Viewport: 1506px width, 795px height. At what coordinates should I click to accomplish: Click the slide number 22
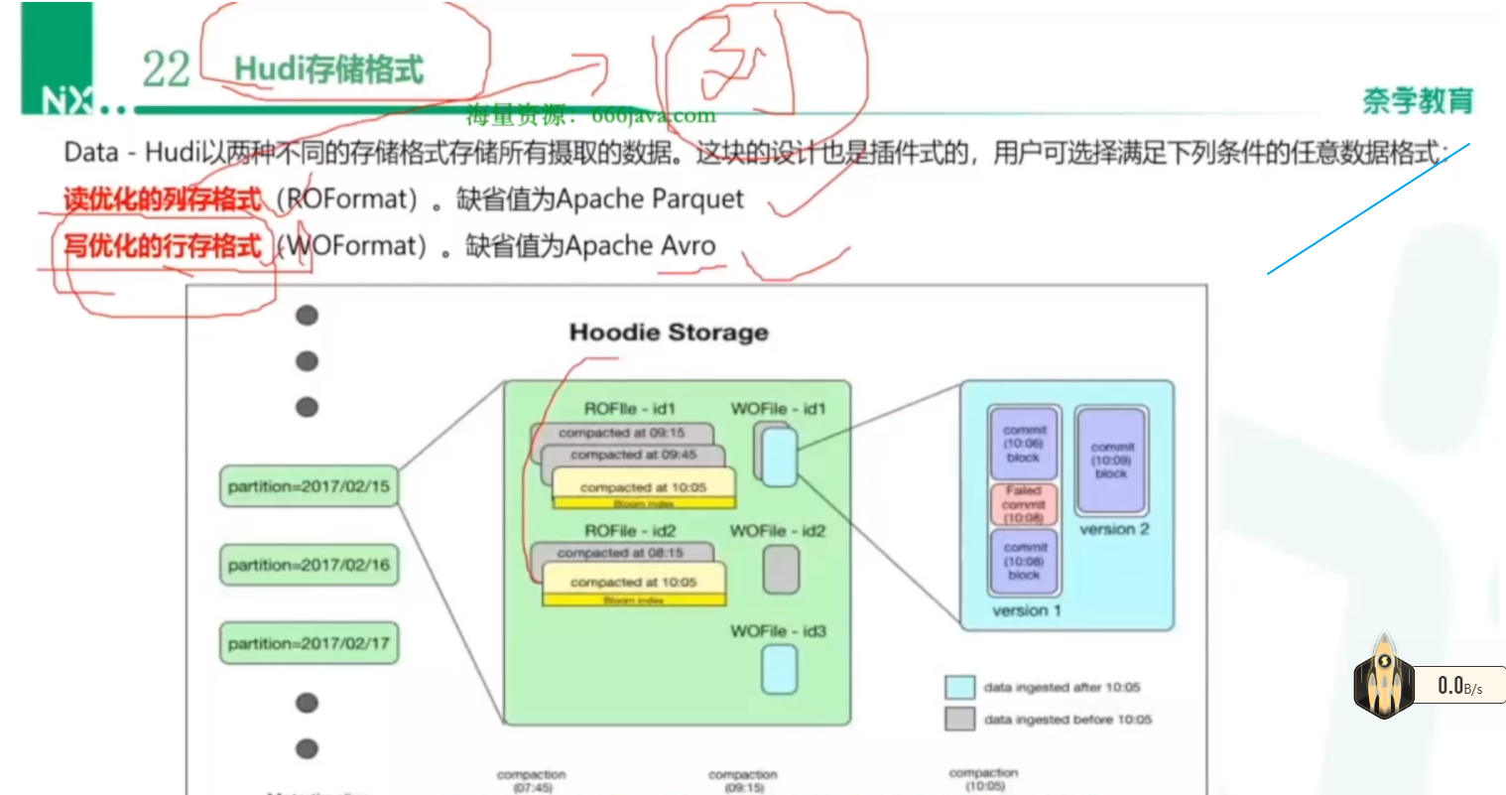[166, 69]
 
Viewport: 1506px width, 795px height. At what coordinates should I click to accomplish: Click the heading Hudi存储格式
[328, 69]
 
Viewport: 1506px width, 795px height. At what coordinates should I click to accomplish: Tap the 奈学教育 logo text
[1418, 100]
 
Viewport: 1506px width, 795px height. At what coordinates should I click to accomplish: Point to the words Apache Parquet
[650, 199]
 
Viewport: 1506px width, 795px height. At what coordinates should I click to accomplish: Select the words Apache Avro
[640, 245]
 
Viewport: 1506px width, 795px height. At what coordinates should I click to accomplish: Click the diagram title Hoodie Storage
[669, 332]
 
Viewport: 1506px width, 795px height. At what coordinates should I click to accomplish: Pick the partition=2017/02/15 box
[309, 486]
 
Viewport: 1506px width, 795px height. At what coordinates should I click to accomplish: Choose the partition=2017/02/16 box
[309, 565]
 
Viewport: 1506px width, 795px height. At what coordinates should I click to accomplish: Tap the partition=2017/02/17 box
[309, 643]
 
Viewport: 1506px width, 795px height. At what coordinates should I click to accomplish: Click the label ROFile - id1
[629, 409]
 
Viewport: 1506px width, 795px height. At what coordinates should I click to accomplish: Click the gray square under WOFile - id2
[781, 570]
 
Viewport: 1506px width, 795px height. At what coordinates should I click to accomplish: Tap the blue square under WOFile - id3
[779, 669]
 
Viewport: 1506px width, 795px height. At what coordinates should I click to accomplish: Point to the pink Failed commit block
[1023, 504]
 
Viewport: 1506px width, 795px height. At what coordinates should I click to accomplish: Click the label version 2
[1114, 529]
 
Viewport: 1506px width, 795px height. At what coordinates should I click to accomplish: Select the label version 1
[1026, 610]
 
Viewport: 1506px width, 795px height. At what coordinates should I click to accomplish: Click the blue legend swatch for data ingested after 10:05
[959, 687]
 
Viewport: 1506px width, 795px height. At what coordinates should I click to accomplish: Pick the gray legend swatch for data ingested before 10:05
[959, 719]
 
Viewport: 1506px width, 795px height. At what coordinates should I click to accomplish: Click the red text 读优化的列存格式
[163, 199]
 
